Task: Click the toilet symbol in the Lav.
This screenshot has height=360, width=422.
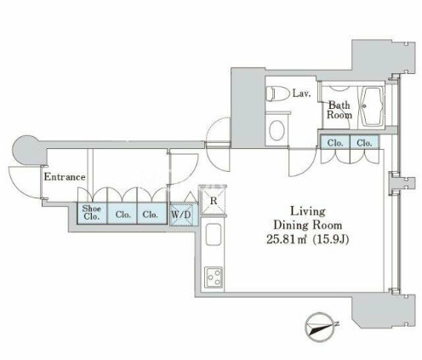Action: tap(278, 94)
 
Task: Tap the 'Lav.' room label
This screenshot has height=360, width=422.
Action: tap(302, 94)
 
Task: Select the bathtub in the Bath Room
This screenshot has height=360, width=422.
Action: tap(372, 106)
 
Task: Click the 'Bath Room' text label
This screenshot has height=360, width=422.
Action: tap(339, 110)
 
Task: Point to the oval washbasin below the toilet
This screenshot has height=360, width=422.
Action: tap(277, 130)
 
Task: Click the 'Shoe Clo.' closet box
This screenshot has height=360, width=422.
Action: tap(92, 213)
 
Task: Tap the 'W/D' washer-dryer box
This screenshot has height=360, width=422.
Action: tap(181, 214)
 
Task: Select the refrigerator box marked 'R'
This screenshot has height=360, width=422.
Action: tap(214, 201)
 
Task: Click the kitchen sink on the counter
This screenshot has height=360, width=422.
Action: tap(214, 234)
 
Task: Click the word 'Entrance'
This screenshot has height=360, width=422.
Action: tap(65, 177)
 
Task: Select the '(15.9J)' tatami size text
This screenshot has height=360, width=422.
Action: tap(330, 240)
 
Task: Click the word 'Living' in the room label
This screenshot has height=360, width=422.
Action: tap(308, 212)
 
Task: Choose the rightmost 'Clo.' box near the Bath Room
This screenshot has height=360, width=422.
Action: tap(364, 142)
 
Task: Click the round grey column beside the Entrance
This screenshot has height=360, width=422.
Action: tap(26, 150)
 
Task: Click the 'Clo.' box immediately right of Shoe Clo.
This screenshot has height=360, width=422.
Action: tap(123, 214)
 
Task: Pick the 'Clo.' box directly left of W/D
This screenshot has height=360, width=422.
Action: tap(151, 214)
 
